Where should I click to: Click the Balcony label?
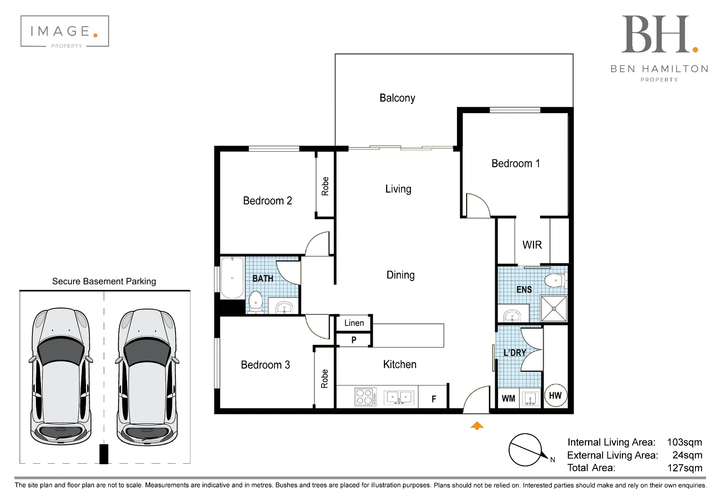[x=397, y=98]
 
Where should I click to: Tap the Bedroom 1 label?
[x=515, y=164]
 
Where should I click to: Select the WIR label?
[x=532, y=245]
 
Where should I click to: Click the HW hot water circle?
[x=555, y=395]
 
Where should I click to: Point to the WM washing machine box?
[x=508, y=398]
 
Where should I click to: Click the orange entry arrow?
[x=477, y=425]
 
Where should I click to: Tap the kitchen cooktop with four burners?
[x=365, y=396]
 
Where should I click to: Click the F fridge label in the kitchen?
[x=433, y=399]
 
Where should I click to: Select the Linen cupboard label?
[x=354, y=323]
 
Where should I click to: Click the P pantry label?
[x=354, y=340]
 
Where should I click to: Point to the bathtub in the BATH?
[x=232, y=278]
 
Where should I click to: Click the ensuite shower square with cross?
[x=554, y=309]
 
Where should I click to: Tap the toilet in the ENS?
[x=555, y=280]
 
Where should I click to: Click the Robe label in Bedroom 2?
[x=325, y=186]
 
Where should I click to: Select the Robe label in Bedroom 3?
[x=324, y=379]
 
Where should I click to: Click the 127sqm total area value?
[x=685, y=468]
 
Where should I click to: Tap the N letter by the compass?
[x=552, y=460]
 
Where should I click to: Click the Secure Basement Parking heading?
[x=104, y=281]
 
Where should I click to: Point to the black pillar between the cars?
[x=104, y=454]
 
